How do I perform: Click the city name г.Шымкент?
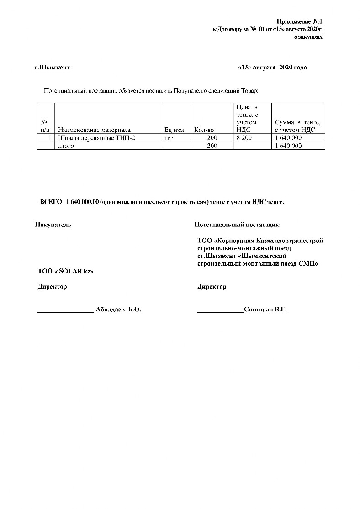click(x=52, y=68)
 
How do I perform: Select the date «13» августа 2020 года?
click(x=272, y=68)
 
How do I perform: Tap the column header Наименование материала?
click(x=94, y=130)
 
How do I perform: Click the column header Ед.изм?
click(x=174, y=130)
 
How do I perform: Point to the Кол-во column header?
click(x=204, y=130)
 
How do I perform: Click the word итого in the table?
click(x=66, y=146)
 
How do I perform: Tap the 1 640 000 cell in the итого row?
click(x=288, y=146)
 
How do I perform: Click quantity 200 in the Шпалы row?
click(x=212, y=137)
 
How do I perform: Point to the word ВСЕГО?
click(x=51, y=202)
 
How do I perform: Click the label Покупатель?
click(x=53, y=225)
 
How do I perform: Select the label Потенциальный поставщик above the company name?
click(x=237, y=225)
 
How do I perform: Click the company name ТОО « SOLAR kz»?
click(x=65, y=271)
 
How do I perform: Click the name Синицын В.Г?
click(x=265, y=310)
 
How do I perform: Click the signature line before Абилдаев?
click(x=65, y=311)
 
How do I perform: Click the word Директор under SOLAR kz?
click(x=52, y=287)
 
